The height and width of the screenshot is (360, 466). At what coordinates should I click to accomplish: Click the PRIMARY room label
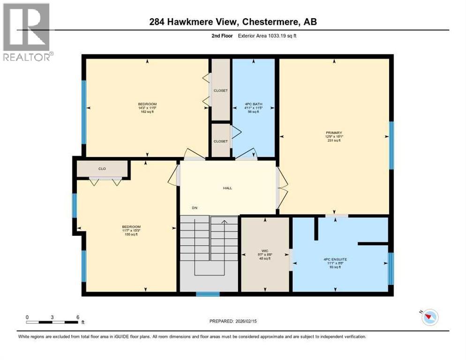point(334,133)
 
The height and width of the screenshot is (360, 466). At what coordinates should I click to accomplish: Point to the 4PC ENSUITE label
point(334,259)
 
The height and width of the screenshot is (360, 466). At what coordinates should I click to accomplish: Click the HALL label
point(227,188)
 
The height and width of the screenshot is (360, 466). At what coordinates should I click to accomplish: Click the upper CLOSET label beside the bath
point(220,90)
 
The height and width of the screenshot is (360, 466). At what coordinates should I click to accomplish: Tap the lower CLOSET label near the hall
point(220,141)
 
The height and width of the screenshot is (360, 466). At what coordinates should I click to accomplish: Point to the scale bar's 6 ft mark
point(77,317)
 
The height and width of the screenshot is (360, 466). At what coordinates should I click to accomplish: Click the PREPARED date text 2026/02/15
point(233,321)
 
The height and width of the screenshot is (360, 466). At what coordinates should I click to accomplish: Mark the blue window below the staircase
point(207,294)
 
